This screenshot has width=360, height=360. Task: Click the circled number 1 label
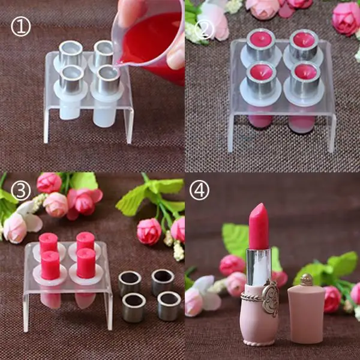point(21,28)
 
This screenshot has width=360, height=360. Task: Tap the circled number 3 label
point(21,191)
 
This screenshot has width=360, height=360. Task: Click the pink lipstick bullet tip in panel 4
point(259,225)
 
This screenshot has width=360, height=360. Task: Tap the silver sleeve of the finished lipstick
point(259,267)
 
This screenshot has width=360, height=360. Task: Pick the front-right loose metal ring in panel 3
point(169,305)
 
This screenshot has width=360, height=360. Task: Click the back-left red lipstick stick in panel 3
point(48,242)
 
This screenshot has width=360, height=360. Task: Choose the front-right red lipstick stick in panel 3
point(86,263)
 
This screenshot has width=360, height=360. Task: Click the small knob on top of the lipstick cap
point(306,279)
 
